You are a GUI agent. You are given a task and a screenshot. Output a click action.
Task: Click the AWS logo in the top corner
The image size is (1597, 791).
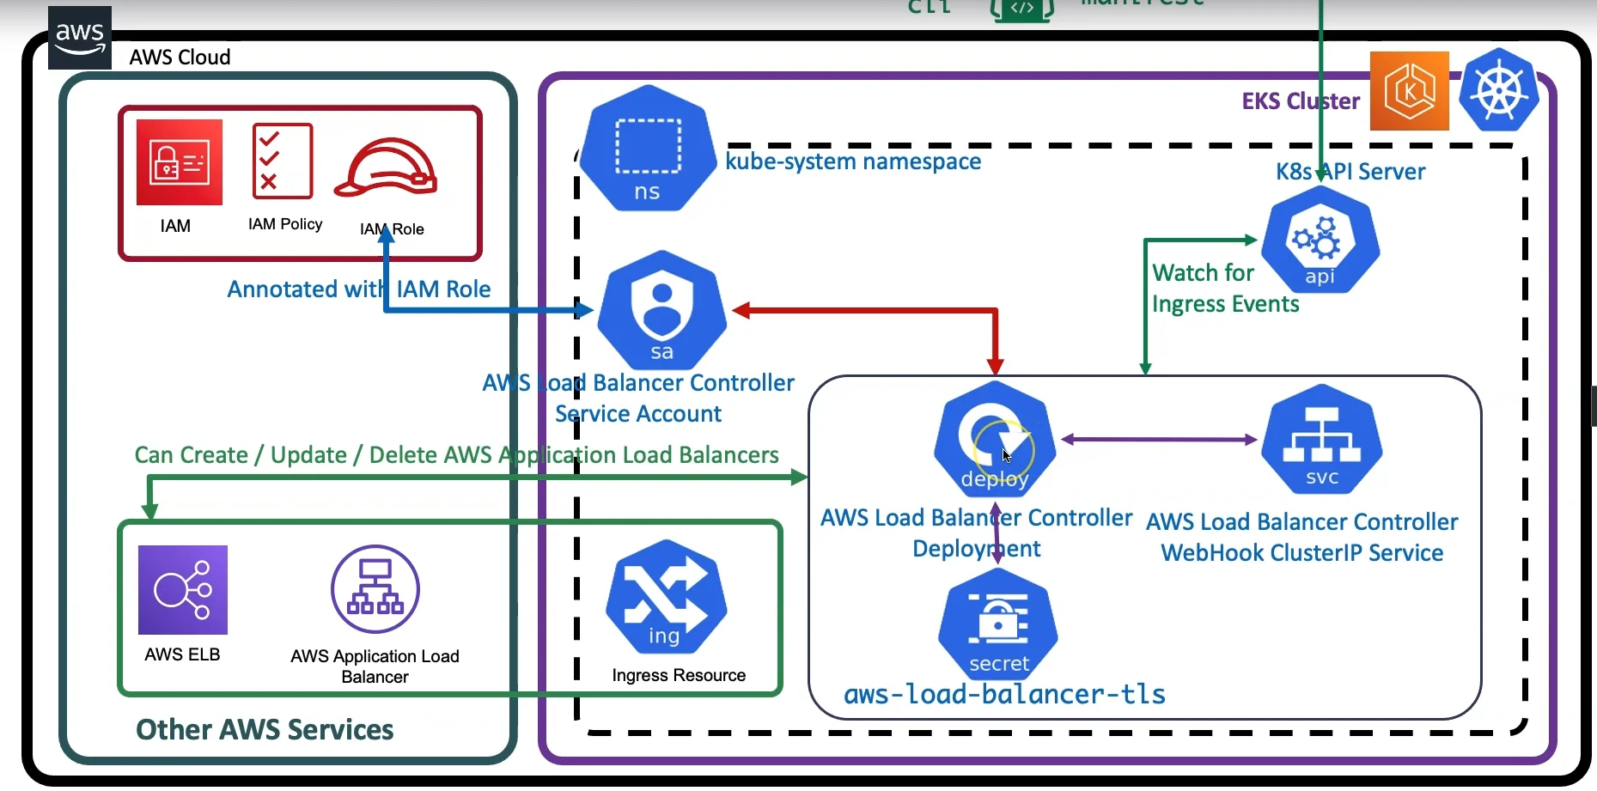click(x=80, y=38)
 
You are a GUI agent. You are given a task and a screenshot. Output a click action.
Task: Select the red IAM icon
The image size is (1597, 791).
click(x=179, y=162)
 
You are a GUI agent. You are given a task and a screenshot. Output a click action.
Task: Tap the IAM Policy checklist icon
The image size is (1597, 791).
click(x=282, y=161)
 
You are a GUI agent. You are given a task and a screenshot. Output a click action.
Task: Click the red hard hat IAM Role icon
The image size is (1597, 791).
click(x=386, y=167)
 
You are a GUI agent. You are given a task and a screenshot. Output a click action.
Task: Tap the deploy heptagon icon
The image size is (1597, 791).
click(x=995, y=439)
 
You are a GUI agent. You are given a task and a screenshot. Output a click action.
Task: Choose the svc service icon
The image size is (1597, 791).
click(x=1321, y=440)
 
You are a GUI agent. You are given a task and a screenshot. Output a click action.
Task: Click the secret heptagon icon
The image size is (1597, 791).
click(x=998, y=624)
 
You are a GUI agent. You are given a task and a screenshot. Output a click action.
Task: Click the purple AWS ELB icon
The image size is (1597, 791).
click(x=183, y=590)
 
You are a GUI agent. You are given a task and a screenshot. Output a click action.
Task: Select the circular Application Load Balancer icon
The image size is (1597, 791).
click(x=375, y=589)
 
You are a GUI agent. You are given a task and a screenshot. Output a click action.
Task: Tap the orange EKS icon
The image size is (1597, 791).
click(x=1409, y=91)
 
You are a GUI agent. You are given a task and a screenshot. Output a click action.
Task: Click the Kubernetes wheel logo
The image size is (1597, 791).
click(x=1499, y=90)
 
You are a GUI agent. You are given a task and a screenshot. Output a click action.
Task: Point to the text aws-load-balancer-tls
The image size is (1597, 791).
click(x=1004, y=694)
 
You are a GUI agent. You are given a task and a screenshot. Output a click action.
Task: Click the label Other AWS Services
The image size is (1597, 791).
click(x=265, y=729)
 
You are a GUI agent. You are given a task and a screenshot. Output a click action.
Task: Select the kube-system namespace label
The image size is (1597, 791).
click(x=853, y=161)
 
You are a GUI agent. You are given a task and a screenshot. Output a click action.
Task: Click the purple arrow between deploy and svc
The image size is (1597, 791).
click(x=1159, y=440)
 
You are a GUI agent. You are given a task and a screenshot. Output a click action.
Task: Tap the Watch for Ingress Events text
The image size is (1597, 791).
click(x=1224, y=289)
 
